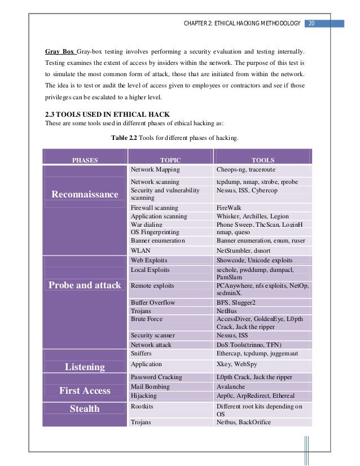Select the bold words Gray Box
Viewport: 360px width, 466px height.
[60, 51]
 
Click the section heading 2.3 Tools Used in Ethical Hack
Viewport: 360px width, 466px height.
[107, 115]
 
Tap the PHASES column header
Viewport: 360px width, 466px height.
[85, 160]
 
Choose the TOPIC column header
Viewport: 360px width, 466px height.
[170, 160]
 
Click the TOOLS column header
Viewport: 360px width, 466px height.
[263, 160]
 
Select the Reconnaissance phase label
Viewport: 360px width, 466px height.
[85, 195]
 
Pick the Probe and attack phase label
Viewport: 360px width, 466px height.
[85, 285]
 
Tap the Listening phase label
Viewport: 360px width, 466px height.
[85, 367]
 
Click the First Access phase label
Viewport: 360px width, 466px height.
[85, 390]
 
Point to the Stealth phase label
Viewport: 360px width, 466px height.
[85, 408]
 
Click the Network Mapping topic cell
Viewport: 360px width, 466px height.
[155, 169]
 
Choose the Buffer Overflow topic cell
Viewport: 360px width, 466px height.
[153, 302]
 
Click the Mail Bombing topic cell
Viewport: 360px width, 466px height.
[151, 387]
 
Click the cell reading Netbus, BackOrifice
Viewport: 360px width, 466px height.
[244, 422]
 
